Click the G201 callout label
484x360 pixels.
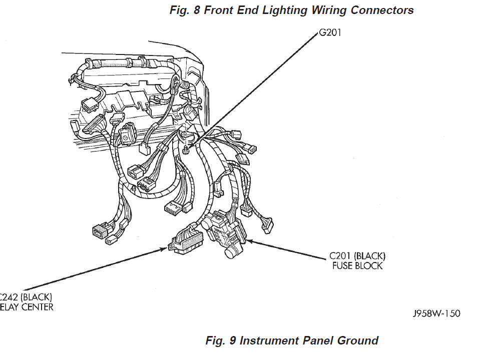point(330,33)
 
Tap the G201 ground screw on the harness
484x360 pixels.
point(186,148)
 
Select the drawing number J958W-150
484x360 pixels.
point(436,314)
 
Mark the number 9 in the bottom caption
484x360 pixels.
point(232,341)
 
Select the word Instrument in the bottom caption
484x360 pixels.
point(269,341)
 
